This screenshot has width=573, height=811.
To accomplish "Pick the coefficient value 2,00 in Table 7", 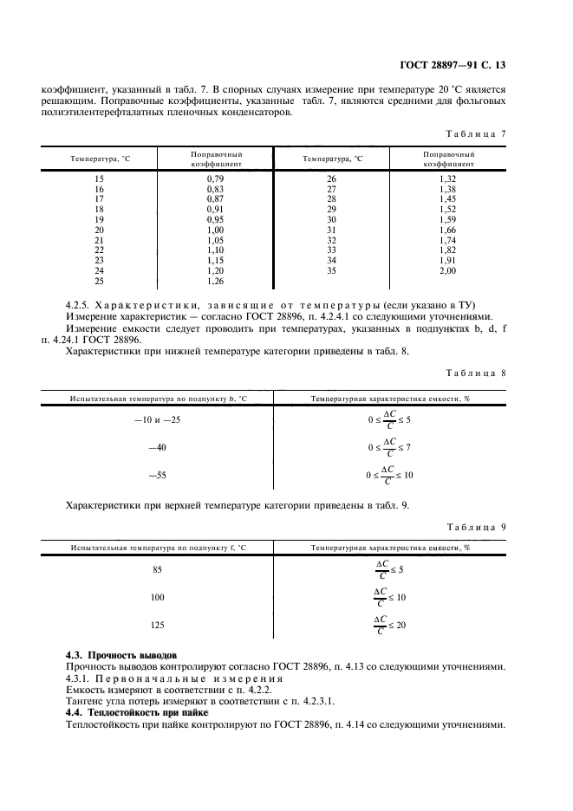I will (x=448, y=270).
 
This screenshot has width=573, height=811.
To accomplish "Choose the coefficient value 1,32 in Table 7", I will (x=448, y=178).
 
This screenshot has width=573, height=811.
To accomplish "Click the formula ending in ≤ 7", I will (x=390, y=448).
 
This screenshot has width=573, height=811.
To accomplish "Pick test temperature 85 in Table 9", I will (x=157, y=569).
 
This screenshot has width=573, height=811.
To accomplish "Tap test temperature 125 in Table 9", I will (x=157, y=624).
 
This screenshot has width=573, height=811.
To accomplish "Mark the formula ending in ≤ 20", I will (x=390, y=624).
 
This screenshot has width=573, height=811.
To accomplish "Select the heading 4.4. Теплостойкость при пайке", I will (x=133, y=711).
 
